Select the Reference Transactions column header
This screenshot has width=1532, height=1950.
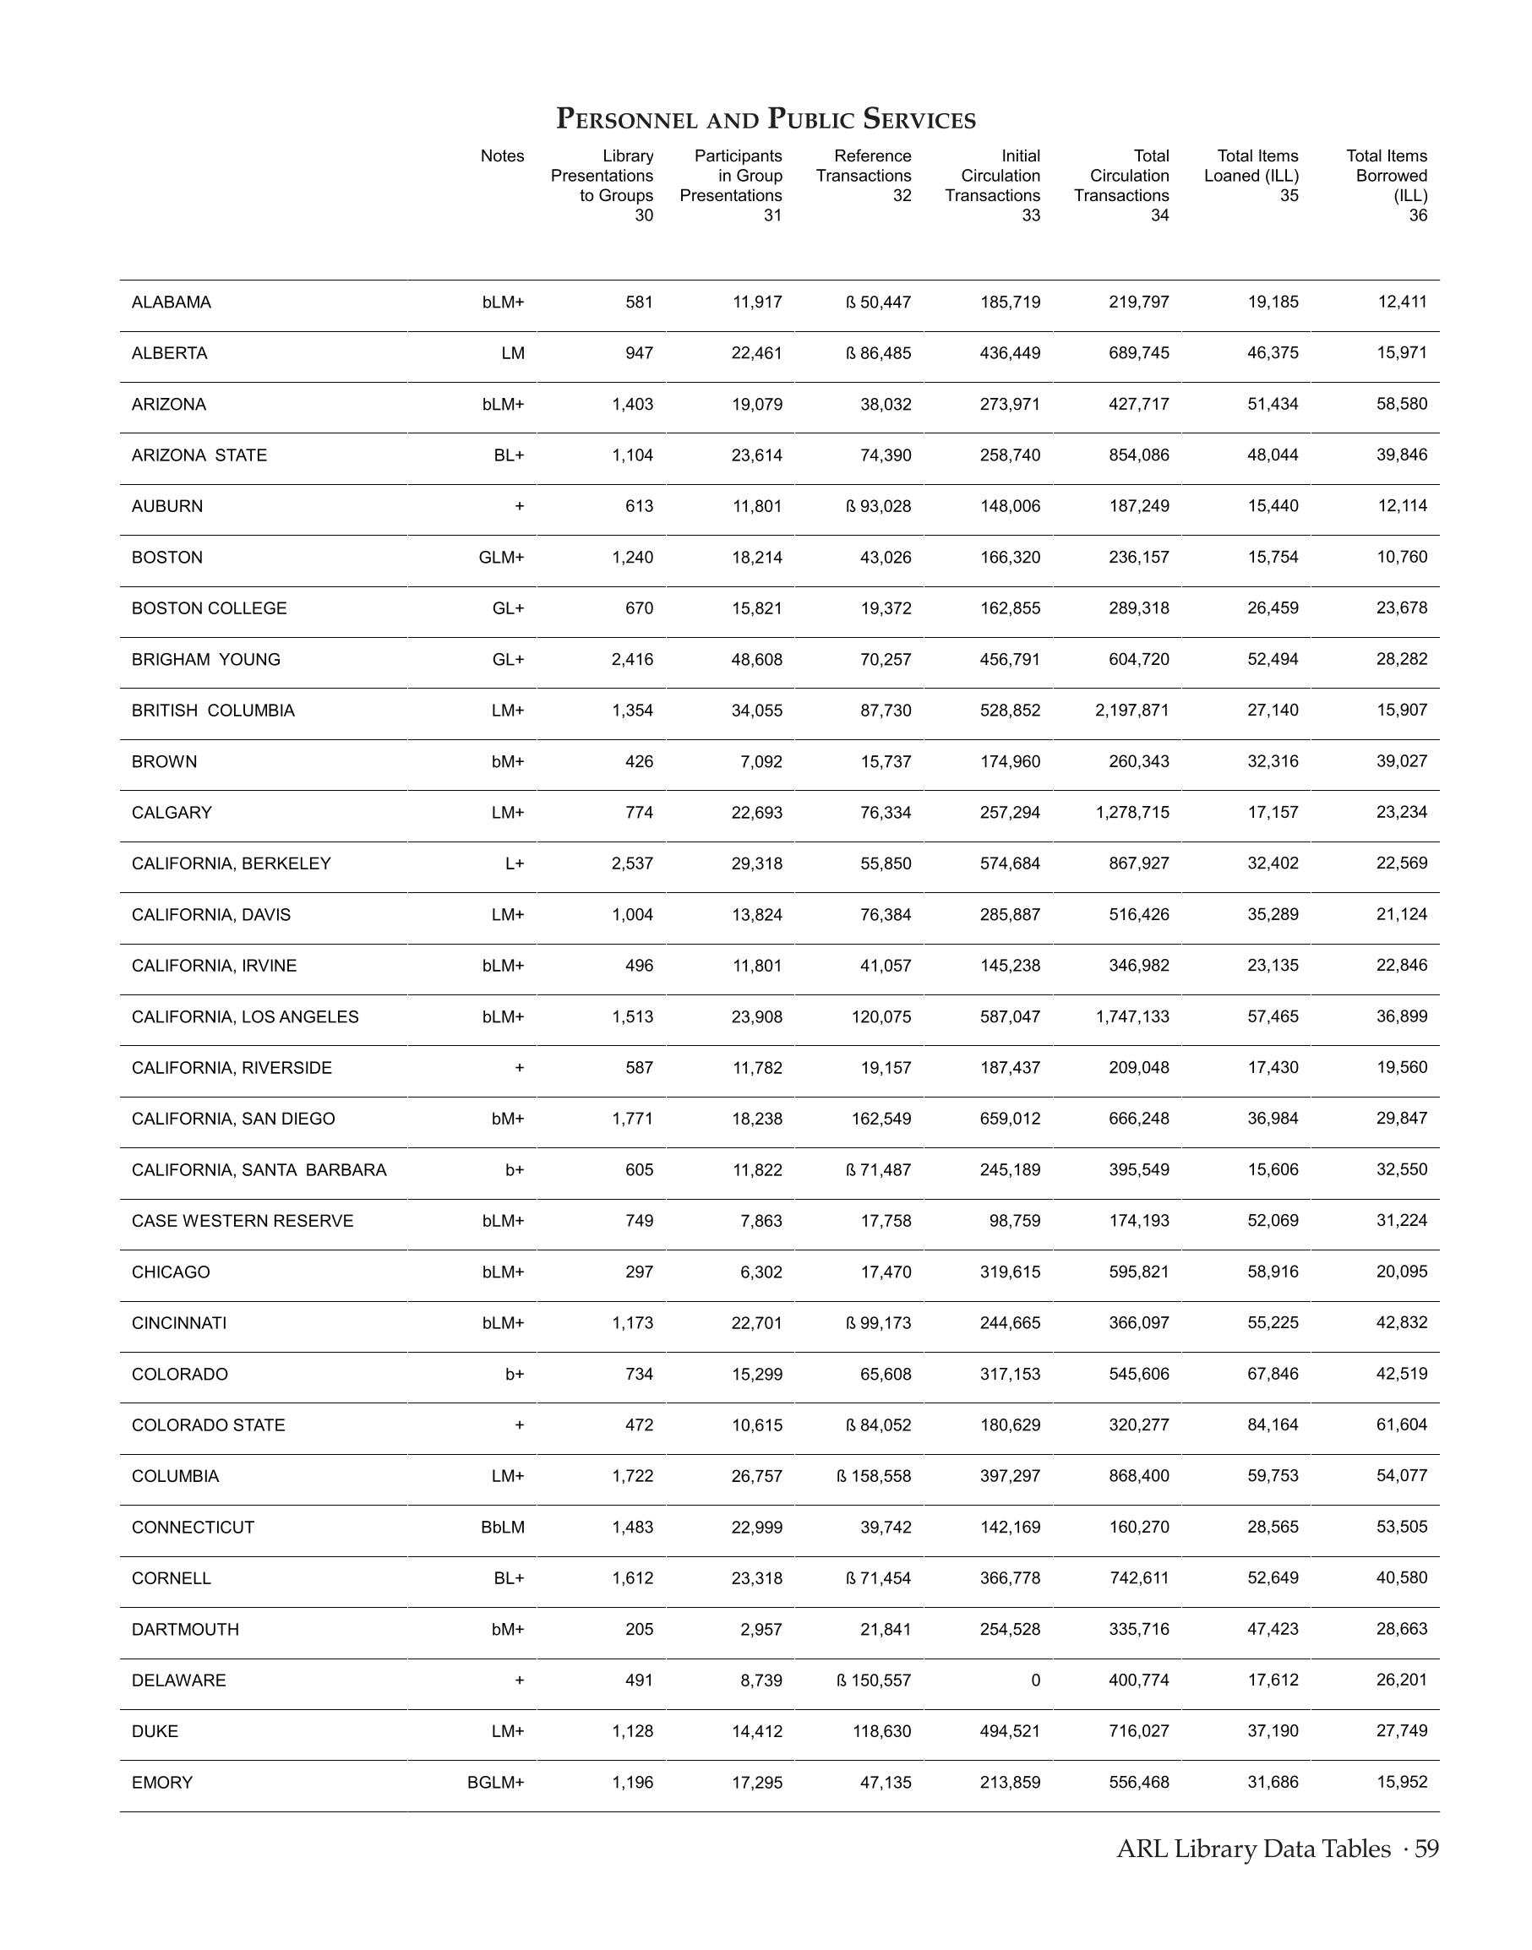[864, 176]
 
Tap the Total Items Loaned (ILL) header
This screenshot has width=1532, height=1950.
[1251, 176]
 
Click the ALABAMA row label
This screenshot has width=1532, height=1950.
[172, 302]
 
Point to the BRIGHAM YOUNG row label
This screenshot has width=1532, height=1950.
[205, 659]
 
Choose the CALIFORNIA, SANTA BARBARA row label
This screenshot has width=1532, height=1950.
[259, 1169]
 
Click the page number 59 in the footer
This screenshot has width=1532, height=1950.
[1426, 1849]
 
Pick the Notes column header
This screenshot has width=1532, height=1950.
[501, 156]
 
